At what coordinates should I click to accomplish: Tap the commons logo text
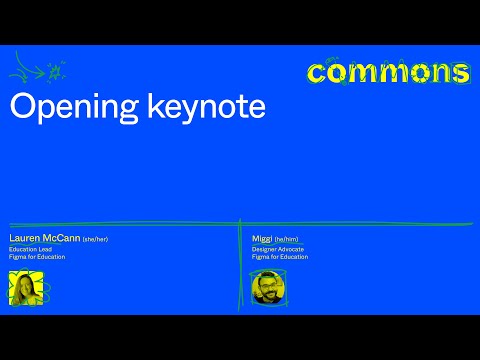pos(388,73)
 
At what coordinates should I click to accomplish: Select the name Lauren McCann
pos(44,239)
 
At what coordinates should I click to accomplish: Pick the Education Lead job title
pos(29,249)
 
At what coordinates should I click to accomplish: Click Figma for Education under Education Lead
pos(37,257)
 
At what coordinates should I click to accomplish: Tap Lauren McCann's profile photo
pos(26,287)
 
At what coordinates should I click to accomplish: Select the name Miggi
pos(262,239)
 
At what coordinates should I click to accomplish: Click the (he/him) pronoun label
pos(286,240)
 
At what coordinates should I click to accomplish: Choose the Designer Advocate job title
pos(276,249)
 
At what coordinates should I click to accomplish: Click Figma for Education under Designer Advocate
pos(280,257)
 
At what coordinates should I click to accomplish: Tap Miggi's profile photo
pos(268,289)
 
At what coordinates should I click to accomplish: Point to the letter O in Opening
pos(20,107)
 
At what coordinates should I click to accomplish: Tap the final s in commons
pos(459,73)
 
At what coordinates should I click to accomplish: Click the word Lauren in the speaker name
pos(22,239)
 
